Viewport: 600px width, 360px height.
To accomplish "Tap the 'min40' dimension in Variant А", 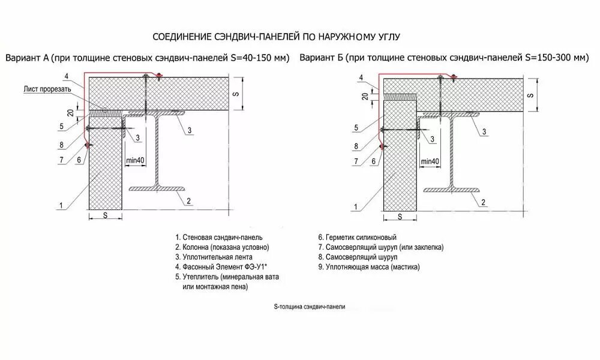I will (136, 160).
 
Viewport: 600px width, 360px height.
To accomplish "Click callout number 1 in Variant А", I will (61, 206).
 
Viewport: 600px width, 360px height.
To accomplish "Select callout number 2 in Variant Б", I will (483, 201).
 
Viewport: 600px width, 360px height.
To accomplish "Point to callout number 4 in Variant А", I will (66, 75).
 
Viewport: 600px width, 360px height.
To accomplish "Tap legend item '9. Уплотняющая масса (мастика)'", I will (369, 266).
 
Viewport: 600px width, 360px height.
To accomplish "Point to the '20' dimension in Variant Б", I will (364, 97).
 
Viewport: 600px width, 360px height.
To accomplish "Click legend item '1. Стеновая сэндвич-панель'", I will (218, 237).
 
